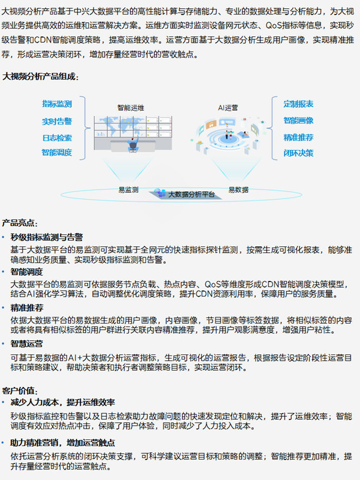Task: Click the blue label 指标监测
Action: [57, 104]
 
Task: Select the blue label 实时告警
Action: [57, 121]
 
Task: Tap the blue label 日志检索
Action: [57, 138]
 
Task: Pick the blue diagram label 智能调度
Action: [57, 152]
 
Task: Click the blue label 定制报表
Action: [298, 104]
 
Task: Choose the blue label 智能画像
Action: [298, 120]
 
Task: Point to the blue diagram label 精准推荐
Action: [298, 137]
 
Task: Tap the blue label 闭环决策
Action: [298, 153]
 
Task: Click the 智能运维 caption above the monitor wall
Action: [131, 108]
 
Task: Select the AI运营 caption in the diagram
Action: [228, 108]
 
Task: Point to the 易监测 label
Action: [129, 190]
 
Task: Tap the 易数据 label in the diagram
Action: [239, 190]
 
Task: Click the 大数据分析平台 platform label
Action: [192, 194]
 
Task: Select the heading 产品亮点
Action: [20, 223]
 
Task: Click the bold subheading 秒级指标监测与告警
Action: [46, 237]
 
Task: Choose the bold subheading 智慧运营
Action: [27, 344]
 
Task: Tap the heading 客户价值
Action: [20, 391]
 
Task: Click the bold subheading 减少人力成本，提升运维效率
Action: [63, 402]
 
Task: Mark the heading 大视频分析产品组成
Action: [41, 76]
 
